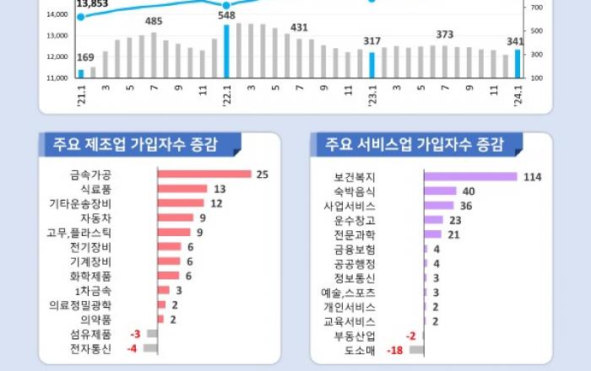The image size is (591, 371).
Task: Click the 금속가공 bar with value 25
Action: (x=204, y=174)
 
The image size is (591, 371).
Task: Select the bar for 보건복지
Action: (x=470, y=176)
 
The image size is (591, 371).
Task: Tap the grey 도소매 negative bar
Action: (x=417, y=350)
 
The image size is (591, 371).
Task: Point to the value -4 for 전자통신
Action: (x=132, y=347)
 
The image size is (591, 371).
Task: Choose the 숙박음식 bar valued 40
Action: (x=440, y=191)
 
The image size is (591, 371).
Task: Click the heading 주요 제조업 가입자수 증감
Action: (x=135, y=144)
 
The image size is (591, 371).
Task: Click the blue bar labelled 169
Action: (x=81, y=73)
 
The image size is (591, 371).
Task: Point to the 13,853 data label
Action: (x=92, y=4)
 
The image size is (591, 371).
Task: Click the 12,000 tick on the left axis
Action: (x=57, y=56)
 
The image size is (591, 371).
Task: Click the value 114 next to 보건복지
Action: (x=531, y=177)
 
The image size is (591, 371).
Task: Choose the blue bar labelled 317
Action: (x=371, y=65)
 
